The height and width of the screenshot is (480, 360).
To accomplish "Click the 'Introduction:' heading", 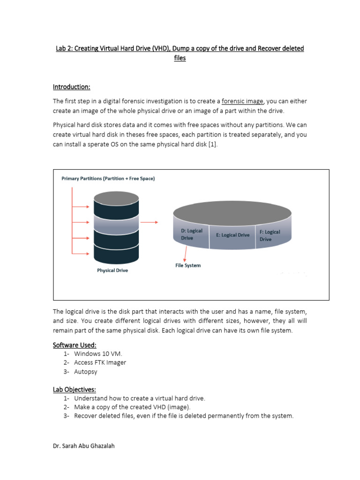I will (x=71, y=87).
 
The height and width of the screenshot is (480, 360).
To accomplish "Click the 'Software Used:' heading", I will (x=75, y=345).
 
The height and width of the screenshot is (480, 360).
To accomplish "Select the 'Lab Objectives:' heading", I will (x=75, y=390).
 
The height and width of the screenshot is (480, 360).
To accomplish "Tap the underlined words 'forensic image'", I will (x=242, y=101).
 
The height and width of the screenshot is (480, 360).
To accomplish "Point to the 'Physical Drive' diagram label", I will (x=112, y=270).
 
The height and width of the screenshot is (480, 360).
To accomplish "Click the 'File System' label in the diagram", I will (x=188, y=265).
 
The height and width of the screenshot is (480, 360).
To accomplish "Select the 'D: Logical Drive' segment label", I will (x=191, y=234).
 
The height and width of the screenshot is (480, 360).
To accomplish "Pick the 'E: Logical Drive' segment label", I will (x=232, y=235).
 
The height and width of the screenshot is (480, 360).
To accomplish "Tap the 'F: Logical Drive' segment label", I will (x=270, y=235).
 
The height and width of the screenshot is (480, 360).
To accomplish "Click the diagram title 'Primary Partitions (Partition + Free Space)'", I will (x=108, y=179).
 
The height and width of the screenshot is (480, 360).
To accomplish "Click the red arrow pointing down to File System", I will (x=187, y=253).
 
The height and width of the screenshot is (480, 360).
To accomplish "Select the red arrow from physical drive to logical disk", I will (x=150, y=222).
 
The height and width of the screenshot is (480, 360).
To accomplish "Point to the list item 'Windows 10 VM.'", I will (x=98, y=353).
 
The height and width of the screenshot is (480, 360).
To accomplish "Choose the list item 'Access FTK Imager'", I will (x=100, y=362).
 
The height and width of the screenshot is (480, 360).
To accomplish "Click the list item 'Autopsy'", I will (x=86, y=372).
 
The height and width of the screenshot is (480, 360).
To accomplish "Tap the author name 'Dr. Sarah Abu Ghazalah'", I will (x=83, y=446).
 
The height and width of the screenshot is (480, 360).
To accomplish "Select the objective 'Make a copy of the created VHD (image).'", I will (x=132, y=407).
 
